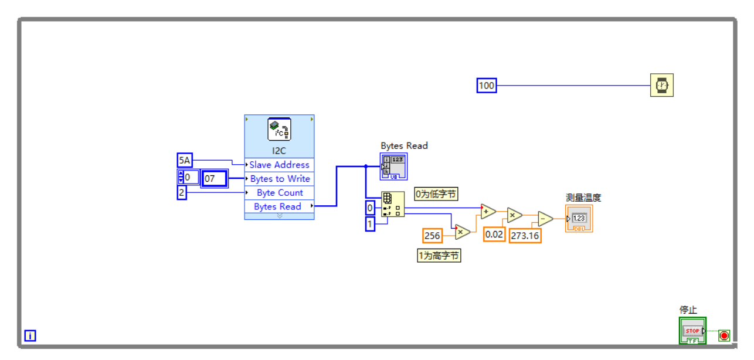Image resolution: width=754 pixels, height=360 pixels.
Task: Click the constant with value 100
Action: (487, 86)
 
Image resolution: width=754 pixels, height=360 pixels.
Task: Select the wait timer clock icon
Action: (661, 86)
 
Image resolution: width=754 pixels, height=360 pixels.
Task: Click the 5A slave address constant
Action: (185, 160)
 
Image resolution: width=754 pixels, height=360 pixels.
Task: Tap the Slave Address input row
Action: (279, 165)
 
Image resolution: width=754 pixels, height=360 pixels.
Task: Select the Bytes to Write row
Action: (279, 179)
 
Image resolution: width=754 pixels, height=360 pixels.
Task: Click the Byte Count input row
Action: (279, 193)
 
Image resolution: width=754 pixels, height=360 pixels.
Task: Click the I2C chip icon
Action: (279, 130)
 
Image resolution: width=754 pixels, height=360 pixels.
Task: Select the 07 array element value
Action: (214, 178)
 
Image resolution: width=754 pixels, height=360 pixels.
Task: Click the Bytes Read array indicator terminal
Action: (393, 167)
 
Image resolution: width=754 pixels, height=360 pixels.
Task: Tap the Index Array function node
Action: (392, 204)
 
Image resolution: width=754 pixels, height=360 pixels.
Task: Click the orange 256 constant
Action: (432, 236)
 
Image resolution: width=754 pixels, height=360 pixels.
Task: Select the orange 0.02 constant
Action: (494, 235)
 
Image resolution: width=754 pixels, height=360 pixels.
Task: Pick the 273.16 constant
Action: (525, 235)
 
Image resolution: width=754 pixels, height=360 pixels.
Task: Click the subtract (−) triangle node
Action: (545, 219)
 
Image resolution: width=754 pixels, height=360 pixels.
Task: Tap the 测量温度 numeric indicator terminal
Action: (579, 219)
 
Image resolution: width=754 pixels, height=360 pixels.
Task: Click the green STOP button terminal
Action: (692, 331)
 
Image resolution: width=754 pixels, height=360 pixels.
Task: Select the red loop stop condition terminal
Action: (724, 335)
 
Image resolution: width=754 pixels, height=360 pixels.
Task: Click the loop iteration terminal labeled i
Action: (30, 335)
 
